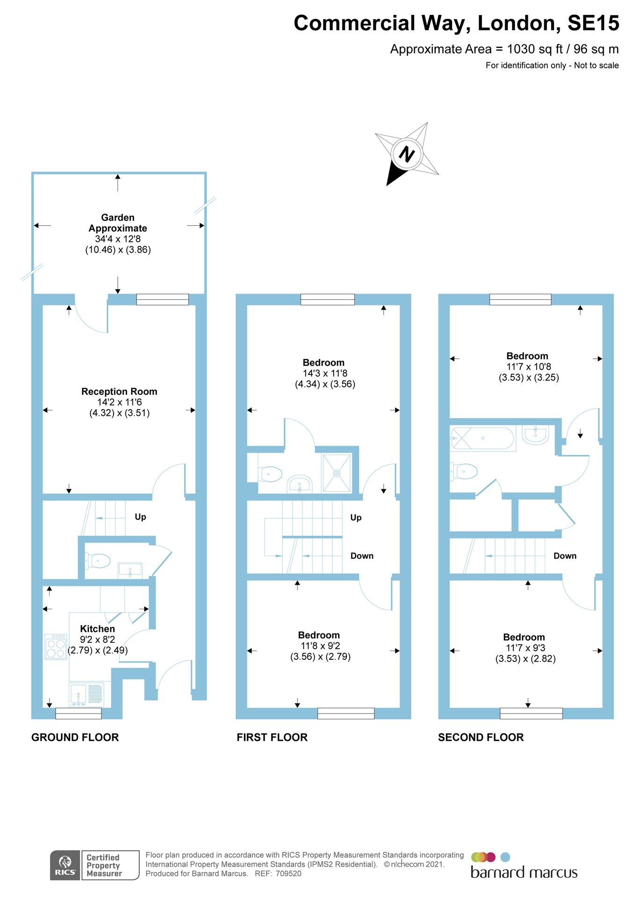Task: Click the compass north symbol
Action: (x=407, y=154)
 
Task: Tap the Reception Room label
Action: (x=119, y=391)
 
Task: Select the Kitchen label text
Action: (x=97, y=629)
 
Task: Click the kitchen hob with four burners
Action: (x=56, y=647)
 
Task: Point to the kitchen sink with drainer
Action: (x=86, y=694)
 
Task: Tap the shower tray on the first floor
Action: (x=336, y=473)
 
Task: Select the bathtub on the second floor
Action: (x=482, y=438)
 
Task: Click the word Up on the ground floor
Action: (x=140, y=517)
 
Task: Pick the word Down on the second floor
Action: (x=565, y=556)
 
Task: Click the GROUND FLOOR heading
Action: (x=75, y=737)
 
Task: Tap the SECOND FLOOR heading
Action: (x=481, y=737)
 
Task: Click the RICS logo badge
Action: (x=66, y=865)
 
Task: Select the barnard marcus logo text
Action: (x=524, y=873)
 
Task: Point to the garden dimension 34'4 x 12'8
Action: (x=118, y=239)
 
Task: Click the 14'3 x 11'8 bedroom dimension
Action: (x=325, y=374)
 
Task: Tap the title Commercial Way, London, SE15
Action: (x=456, y=23)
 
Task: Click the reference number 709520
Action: (x=288, y=874)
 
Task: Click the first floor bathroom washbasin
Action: (x=299, y=484)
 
